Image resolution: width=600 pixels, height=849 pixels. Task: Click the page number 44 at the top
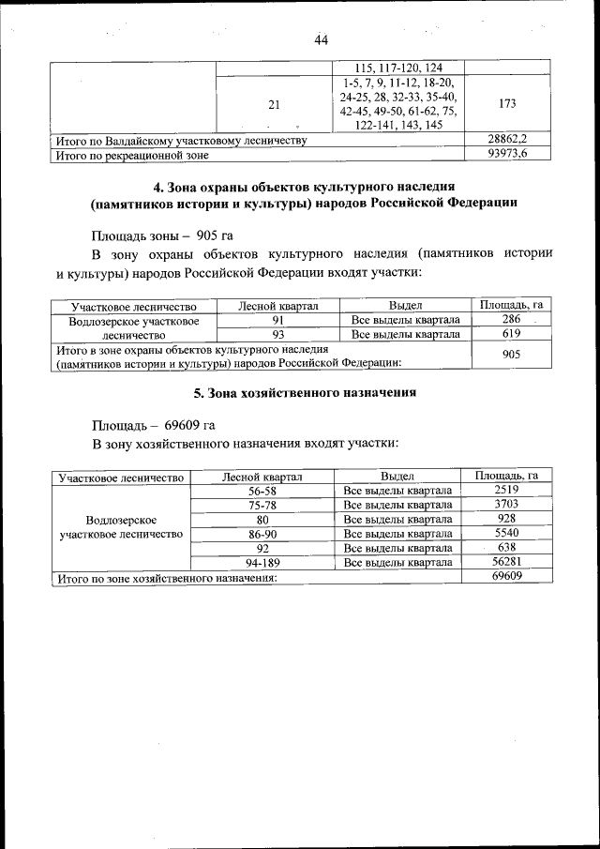[x=321, y=40]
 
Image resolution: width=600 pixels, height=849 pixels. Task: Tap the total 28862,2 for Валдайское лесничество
[x=507, y=139]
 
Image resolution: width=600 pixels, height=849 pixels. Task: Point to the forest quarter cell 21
[x=274, y=105]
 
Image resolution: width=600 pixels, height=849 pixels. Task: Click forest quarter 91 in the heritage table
[x=278, y=320]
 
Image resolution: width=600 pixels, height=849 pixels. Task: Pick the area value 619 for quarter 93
[x=512, y=333]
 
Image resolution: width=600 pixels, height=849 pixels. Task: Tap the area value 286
[x=512, y=320]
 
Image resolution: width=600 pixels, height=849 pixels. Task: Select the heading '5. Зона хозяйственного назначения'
[x=298, y=393]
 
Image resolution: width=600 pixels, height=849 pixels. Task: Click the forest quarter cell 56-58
[x=262, y=491]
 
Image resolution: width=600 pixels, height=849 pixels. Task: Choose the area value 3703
[x=506, y=504]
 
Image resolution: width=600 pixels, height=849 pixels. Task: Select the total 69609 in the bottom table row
[x=506, y=577]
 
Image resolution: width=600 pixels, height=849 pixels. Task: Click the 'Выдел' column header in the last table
[x=397, y=477]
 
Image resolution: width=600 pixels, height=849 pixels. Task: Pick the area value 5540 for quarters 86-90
[x=506, y=533]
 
